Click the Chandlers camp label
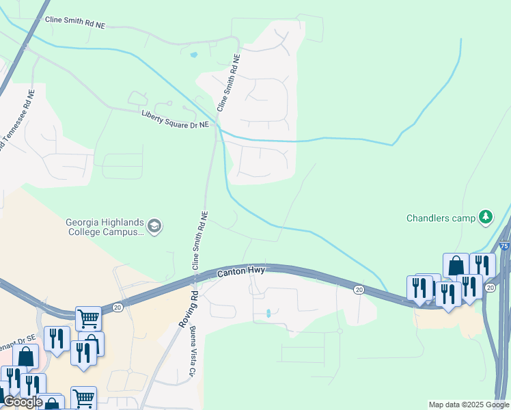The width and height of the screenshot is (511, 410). pyautogui.click(x=441, y=218)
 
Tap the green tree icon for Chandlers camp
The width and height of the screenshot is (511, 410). pyautogui.click(x=486, y=217)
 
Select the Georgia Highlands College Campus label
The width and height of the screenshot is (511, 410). pyautogui.click(x=105, y=226)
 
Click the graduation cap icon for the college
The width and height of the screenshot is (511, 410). pyautogui.click(x=155, y=226)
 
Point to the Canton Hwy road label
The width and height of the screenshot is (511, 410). pyautogui.click(x=240, y=271)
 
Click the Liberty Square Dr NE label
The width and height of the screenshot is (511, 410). pyautogui.click(x=175, y=120)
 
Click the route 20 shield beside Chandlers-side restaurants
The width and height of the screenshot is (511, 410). pyautogui.click(x=491, y=287)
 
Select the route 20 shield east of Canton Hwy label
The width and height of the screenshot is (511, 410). pyautogui.click(x=359, y=290)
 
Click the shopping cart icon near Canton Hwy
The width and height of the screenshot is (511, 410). pyautogui.click(x=88, y=318)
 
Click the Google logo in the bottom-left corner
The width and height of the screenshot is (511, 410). pyautogui.click(x=23, y=402)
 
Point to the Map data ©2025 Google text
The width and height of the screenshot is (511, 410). pyautogui.click(x=469, y=405)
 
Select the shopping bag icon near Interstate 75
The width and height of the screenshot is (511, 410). pyautogui.click(x=456, y=266)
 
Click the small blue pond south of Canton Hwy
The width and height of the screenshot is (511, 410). pyautogui.click(x=268, y=313)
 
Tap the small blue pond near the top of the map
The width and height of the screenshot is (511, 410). pyautogui.click(x=194, y=54)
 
